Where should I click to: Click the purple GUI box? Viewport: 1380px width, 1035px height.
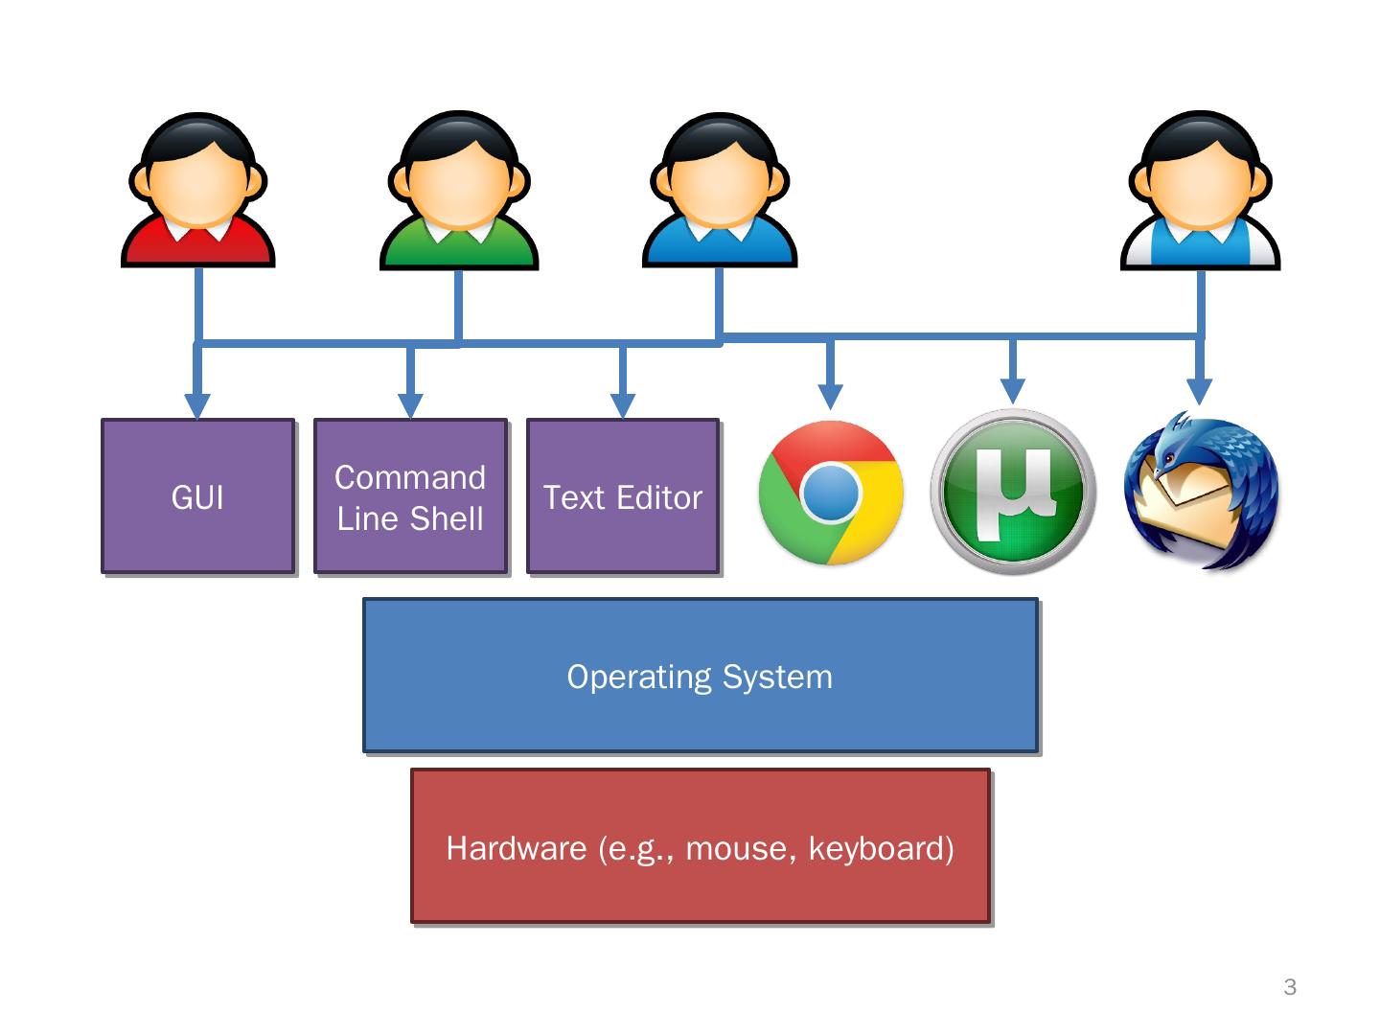pyautogui.click(x=198, y=495)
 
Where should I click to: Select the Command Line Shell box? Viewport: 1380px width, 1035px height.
pyautogui.click(x=410, y=495)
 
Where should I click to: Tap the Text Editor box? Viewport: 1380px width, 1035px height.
pyautogui.click(x=622, y=495)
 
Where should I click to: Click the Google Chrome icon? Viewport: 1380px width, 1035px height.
pyautogui.click(x=831, y=493)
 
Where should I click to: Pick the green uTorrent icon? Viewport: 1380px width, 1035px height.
pyautogui.click(x=1013, y=492)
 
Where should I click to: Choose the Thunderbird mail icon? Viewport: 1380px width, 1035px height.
pyautogui.click(x=1201, y=490)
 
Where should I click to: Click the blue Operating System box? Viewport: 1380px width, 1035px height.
pyautogui.click(x=701, y=676)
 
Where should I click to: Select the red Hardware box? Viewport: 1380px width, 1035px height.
pyautogui.click(x=701, y=846)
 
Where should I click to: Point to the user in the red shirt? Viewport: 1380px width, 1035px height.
pyautogui.click(x=198, y=190)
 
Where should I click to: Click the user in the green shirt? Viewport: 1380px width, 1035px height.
pyautogui.click(x=459, y=190)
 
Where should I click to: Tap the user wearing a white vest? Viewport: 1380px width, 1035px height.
pyautogui.click(x=1200, y=190)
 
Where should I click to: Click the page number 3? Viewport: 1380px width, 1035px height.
pyautogui.click(x=1290, y=987)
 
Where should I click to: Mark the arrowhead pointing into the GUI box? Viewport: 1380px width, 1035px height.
pyautogui.click(x=197, y=406)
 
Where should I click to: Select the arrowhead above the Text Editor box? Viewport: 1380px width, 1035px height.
pyautogui.click(x=622, y=406)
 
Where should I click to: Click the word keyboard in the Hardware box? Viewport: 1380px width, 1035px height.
pyautogui.click(x=882, y=848)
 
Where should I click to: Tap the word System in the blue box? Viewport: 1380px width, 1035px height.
pyautogui.click(x=777, y=678)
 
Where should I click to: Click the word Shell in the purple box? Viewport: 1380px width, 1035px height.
pyautogui.click(x=447, y=519)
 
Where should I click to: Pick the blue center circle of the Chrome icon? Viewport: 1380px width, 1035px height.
pyautogui.click(x=831, y=493)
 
